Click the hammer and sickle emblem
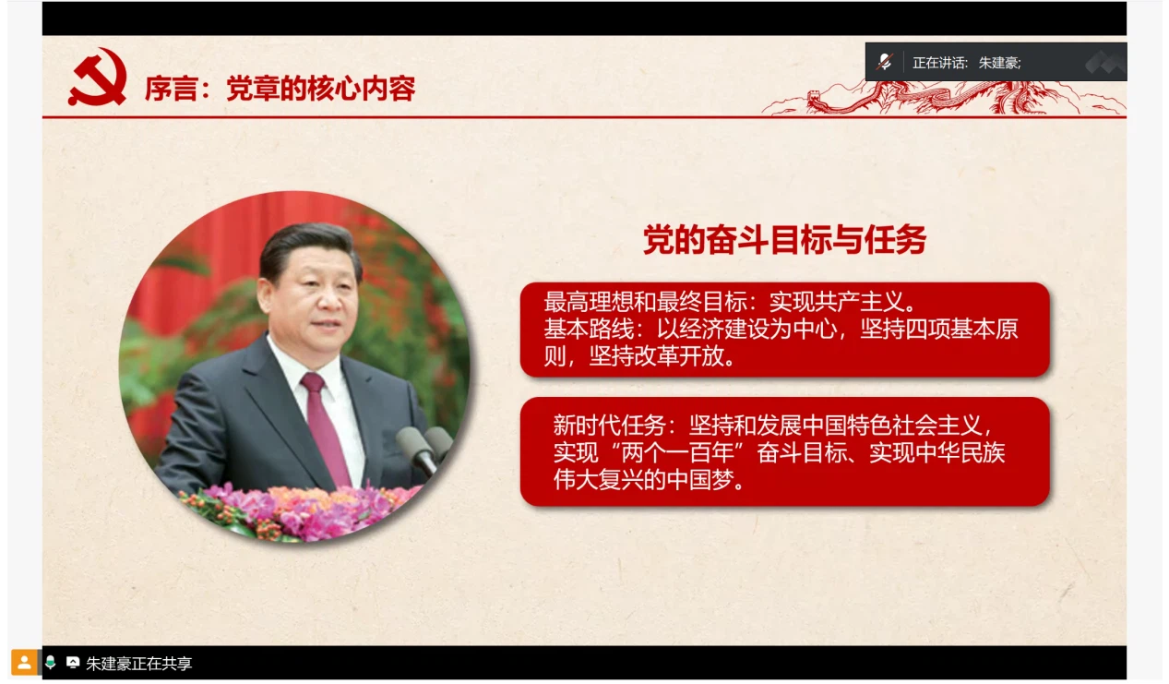98,77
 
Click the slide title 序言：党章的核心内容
280,89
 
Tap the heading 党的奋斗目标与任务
784,240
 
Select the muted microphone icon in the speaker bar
885,62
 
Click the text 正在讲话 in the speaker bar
936,63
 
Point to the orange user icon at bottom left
24,663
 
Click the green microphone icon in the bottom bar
50,663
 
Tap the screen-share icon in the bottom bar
73,663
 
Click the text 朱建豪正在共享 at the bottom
138,663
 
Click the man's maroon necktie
325,428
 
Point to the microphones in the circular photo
423,448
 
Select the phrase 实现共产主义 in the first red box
837,302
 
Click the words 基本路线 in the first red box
589,329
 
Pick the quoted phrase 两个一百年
683,452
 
